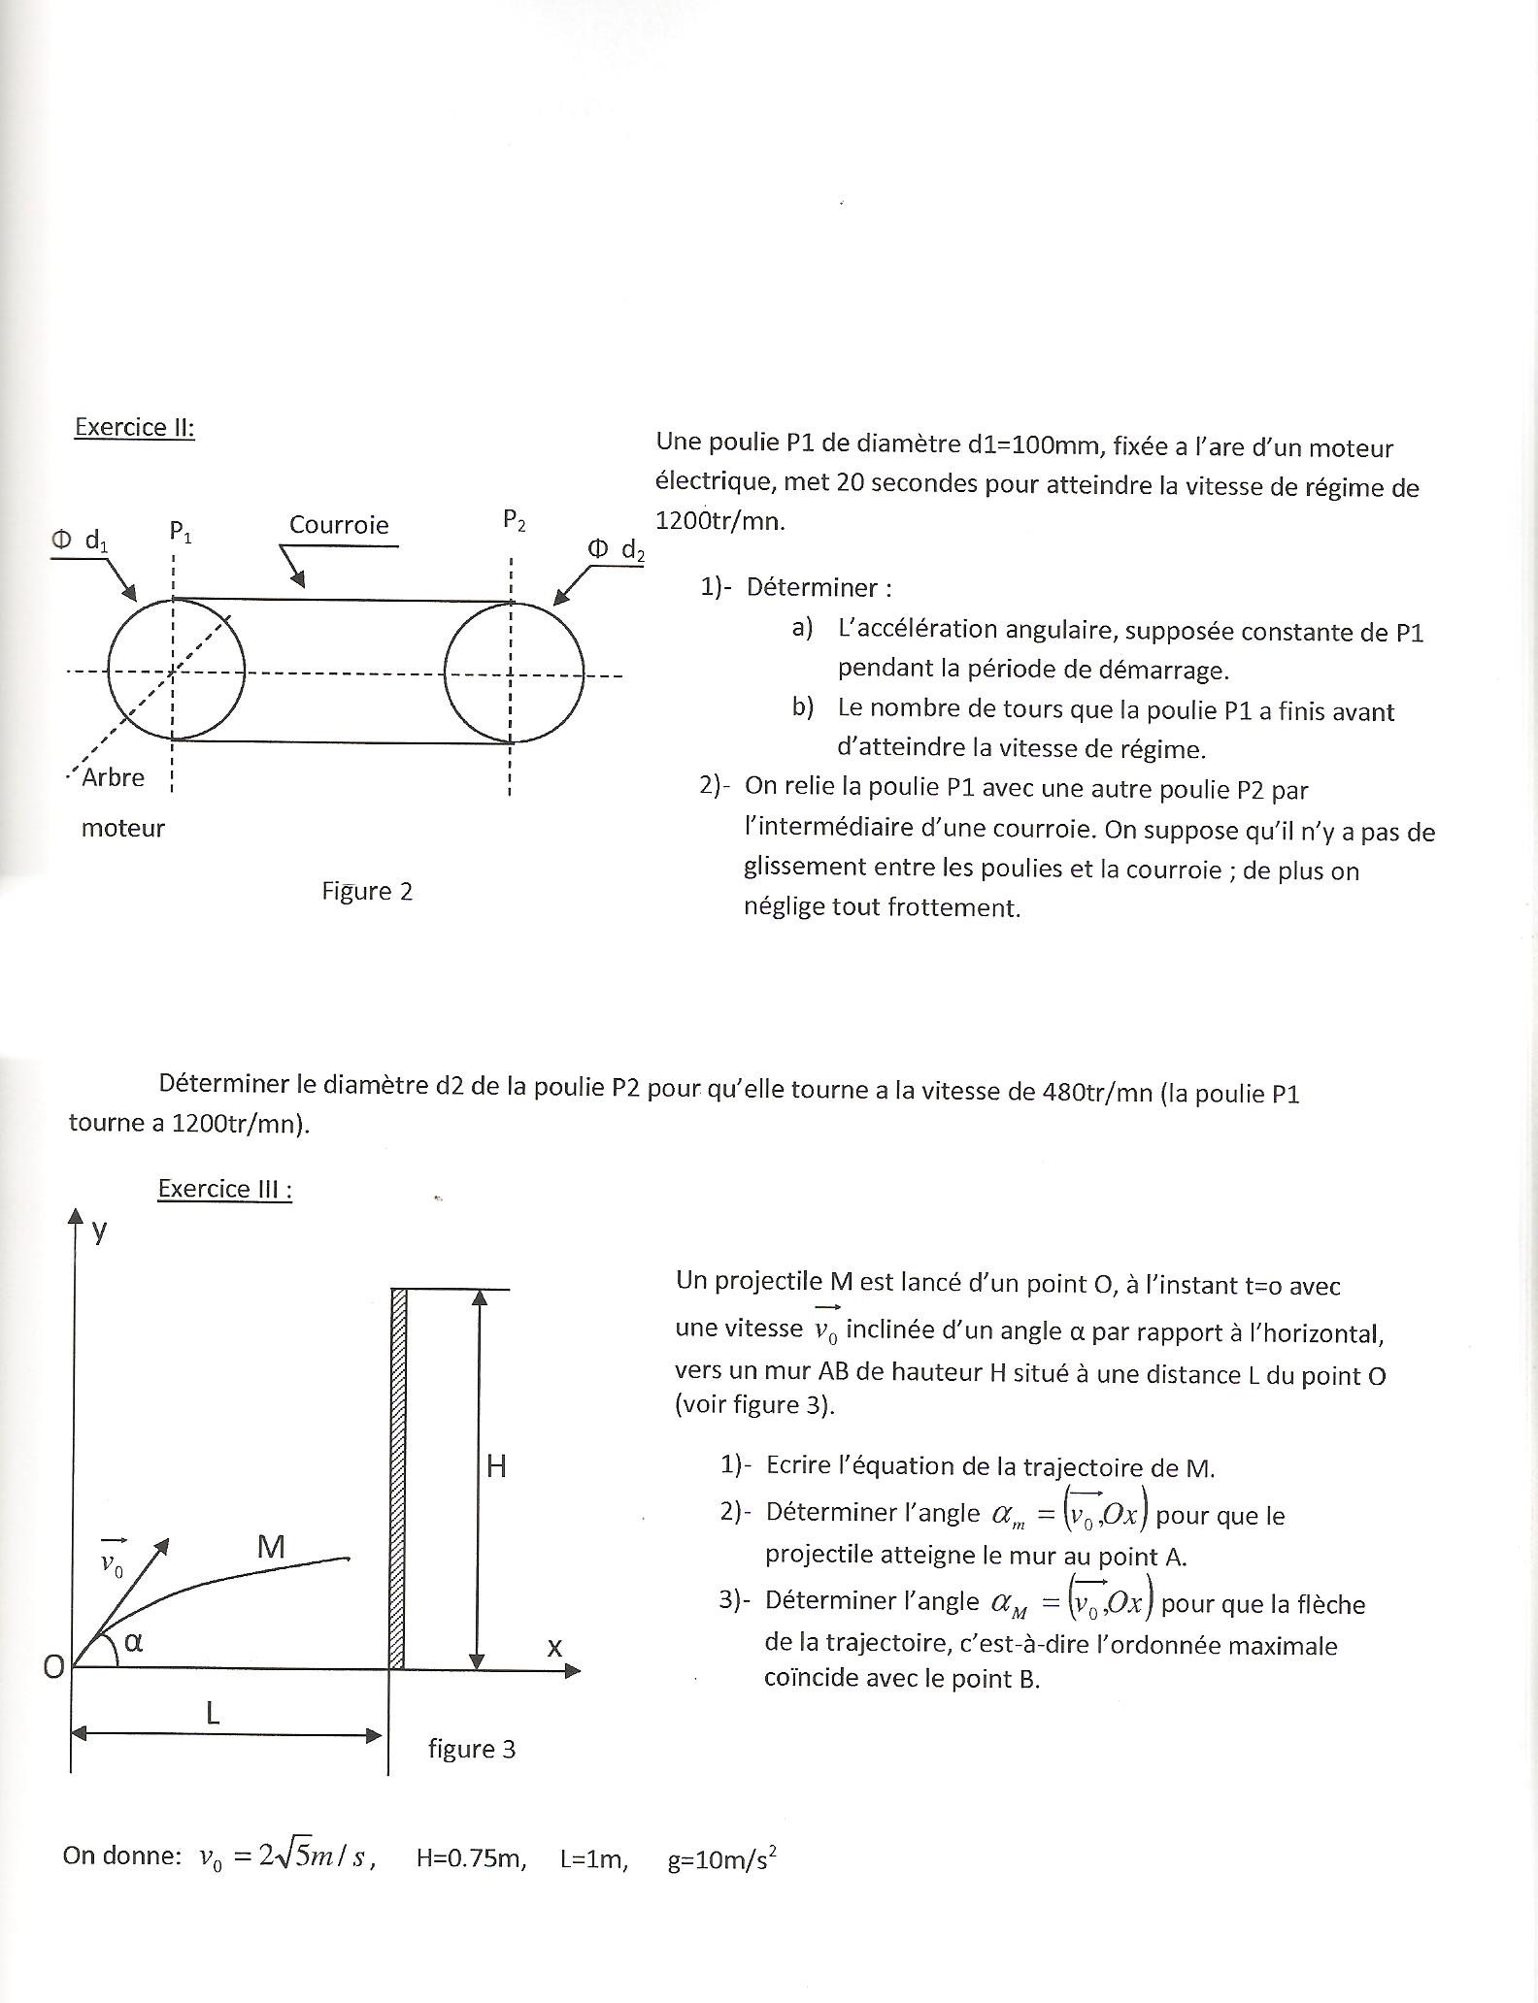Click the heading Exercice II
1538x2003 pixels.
pyautogui.click(x=134, y=427)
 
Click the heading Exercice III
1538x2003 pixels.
pyautogui.click(x=224, y=1189)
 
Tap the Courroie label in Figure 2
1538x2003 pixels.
pyautogui.click(x=339, y=525)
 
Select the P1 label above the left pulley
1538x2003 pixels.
pyautogui.click(x=181, y=531)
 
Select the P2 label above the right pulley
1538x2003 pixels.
pyautogui.click(x=515, y=520)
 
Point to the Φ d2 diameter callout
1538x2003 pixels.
pyautogui.click(x=616, y=550)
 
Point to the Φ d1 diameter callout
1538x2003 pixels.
pyautogui.click(x=81, y=541)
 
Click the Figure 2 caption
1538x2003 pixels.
pyautogui.click(x=367, y=891)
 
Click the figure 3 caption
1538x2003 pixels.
pyautogui.click(x=472, y=1749)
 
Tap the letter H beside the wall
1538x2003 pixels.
pyautogui.click(x=496, y=1465)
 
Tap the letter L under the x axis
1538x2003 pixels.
pyautogui.click(x=214, y=1713)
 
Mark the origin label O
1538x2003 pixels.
pyautogui.click(x=53, y=1666)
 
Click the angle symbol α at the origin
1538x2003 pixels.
pyautogui.click(x=134, y=1642)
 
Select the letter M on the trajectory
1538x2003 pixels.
pyautogui.click(x=271, y=1547)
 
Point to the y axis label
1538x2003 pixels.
pyautogui.click(x=99, y=1231)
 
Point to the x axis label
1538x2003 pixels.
pyautogui.click(x=554, y=1646)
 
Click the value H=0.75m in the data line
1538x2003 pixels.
pyautogui.click(x=471, y=1858)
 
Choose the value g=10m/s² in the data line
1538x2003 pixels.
pyautogui.click(x=722, y=1858)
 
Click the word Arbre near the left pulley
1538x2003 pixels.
pyautogui.click(x=114, y=777)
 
